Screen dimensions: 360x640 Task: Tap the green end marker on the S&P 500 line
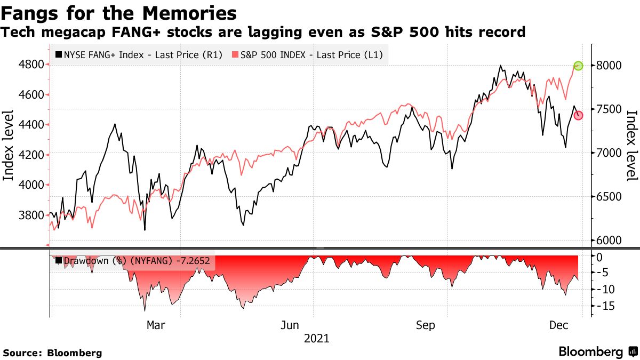click(578, 66)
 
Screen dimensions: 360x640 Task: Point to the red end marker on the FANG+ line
click(578, 116)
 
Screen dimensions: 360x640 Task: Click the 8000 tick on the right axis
click(609, 66)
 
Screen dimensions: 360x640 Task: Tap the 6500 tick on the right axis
click(609, 197)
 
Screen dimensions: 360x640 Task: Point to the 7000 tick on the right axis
click(609, 153)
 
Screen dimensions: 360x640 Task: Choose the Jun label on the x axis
click(290, 325)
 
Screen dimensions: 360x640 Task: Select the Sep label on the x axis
click(425, 325)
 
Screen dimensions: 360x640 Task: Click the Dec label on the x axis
click(558, 325)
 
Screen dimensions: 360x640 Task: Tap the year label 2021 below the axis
click(316, 339)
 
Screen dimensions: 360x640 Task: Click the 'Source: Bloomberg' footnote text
click(52, 353)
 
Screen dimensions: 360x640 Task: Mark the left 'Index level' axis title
click(9, 145)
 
